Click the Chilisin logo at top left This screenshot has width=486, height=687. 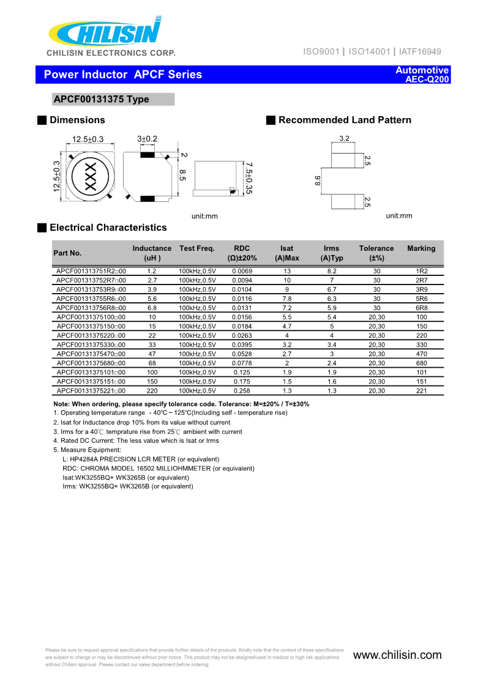105,32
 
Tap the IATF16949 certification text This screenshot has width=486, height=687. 420,52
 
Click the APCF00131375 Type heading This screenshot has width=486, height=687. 101,99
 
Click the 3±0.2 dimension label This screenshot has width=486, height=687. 147,139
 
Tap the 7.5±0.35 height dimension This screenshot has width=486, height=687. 249,179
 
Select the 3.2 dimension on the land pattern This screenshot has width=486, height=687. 344,138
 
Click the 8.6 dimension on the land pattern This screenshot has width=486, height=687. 317,180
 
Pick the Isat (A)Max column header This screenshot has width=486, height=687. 286,253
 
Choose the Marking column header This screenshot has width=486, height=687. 421,248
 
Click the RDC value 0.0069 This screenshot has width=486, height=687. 242,271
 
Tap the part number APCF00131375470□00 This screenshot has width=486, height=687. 91,354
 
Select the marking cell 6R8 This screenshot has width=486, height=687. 421,308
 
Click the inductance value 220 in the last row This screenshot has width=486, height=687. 152,390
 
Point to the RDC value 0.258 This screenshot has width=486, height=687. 242,390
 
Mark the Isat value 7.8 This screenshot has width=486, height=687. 286,299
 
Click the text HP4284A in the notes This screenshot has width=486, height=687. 84,459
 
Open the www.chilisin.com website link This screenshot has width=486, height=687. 397,655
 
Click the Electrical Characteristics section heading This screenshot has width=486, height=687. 108,228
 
